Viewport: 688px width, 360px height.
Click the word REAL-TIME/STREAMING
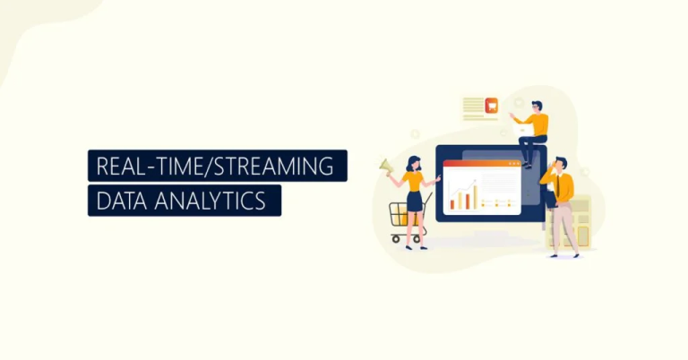coord(217,167)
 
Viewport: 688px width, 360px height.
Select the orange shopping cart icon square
coord(490,106)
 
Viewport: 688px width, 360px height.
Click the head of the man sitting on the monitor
coord(536,107)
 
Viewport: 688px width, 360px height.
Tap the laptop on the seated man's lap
coord(523,131)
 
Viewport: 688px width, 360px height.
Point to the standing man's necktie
coord(560,185)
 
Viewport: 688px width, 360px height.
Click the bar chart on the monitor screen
coord(463,197)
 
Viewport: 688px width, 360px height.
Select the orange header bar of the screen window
coord(481,164)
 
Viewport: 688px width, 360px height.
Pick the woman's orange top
coord(413,181)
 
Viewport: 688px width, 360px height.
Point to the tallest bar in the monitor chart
coord(471,193)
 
